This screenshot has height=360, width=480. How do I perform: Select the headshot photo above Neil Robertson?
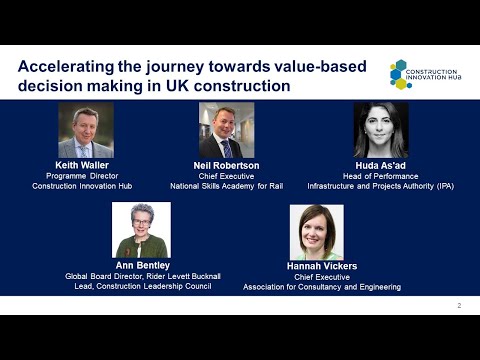pos(226,131)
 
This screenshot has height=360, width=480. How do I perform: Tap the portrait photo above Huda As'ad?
pos(381,131)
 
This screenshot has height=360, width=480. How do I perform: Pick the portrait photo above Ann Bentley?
pos(141,231)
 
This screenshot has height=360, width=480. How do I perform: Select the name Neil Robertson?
pos(226,165)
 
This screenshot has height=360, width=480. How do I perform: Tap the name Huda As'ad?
pos(381,165)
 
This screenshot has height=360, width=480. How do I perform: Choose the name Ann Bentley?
pos(141,266)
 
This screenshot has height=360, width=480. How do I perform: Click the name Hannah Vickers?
pos(322,266)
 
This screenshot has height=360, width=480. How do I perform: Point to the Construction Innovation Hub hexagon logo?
pos(400,72)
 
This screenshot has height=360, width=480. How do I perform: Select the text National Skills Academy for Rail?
pos(226,185)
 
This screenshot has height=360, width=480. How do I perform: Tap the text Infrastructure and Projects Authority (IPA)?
pos(381,185)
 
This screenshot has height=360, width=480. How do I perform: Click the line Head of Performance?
pos(381,175)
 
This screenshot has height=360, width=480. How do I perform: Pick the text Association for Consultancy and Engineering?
pos(322,287)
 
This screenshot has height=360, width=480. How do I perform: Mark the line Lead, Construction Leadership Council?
pos(141,287)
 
